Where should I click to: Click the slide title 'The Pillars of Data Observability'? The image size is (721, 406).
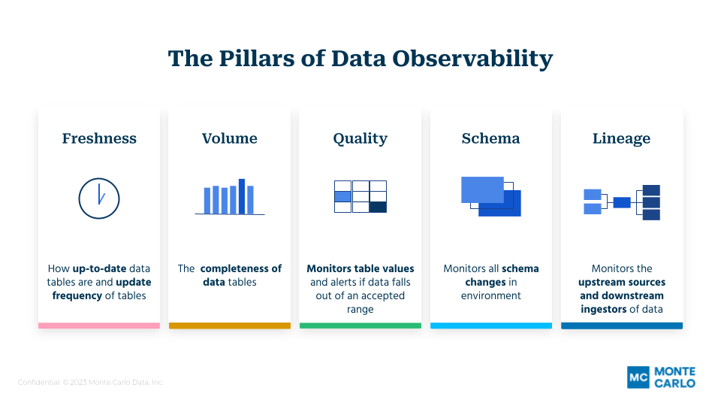coord(360,59)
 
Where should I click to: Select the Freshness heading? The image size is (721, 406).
coord(99,138)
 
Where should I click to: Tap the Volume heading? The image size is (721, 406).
coord(229,138)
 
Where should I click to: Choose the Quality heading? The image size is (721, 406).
coord(360,138)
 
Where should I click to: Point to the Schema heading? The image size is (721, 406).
coord(490,138)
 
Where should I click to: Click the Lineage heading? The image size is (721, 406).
coord(621,138)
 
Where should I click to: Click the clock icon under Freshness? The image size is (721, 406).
coord(99,198)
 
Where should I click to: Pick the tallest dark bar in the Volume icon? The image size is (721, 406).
coord(242,196)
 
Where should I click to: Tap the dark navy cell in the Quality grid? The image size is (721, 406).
coord(378,208)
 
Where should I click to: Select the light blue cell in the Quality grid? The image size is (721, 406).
coord(342,196)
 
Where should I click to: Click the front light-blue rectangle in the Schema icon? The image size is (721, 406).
coord(482,189)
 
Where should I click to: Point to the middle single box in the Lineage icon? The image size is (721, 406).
coord(622,202)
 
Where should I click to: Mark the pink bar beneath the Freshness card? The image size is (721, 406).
coord(99,326)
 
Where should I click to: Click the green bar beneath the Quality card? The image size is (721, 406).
coord(360,326)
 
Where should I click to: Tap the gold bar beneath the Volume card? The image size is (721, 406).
coord(229,326)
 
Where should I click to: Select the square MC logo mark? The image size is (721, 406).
coord(638,377)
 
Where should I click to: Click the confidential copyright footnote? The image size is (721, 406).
coord(91,383)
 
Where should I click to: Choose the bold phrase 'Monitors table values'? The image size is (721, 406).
coord(360,268)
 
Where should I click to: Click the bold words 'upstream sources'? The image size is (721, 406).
coord(621,282)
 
